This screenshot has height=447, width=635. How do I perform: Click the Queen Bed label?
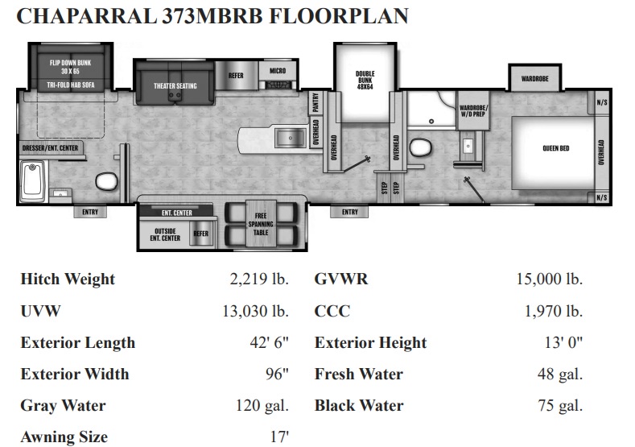tap(555, 148)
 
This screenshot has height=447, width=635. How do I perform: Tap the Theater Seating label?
tap(175, 86)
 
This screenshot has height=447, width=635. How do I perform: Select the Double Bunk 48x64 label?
tap(365, 80)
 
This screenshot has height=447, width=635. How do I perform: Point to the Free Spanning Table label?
tap(261, 224)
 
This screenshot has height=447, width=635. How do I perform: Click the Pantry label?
tap(315, 102)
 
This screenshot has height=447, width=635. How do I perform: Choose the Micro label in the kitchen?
tap(278, 71)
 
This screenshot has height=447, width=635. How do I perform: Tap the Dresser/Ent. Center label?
tap(50, 148)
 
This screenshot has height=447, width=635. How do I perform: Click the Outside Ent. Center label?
tap(165, 234)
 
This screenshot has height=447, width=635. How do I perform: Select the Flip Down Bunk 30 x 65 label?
tap(71, 67)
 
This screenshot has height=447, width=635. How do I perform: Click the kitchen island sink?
tap(291, 138)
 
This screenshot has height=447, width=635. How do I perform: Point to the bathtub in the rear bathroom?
tap(33, 181)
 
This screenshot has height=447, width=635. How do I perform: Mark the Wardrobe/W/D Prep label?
tap(473, 110)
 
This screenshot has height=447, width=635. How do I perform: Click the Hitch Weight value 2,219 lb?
tap(259, 279)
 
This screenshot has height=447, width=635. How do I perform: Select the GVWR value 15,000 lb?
tap(549, 279)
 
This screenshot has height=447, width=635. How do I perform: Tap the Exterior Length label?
tap(78, 342)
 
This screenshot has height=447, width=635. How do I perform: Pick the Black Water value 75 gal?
tap(560, 405)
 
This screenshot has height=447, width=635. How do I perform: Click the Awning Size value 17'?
tap(279, 437)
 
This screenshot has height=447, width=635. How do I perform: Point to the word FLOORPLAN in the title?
tap(339, 16)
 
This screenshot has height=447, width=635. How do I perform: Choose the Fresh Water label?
tap(359, 374)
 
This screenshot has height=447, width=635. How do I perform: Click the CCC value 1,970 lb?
tap(554, 311)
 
